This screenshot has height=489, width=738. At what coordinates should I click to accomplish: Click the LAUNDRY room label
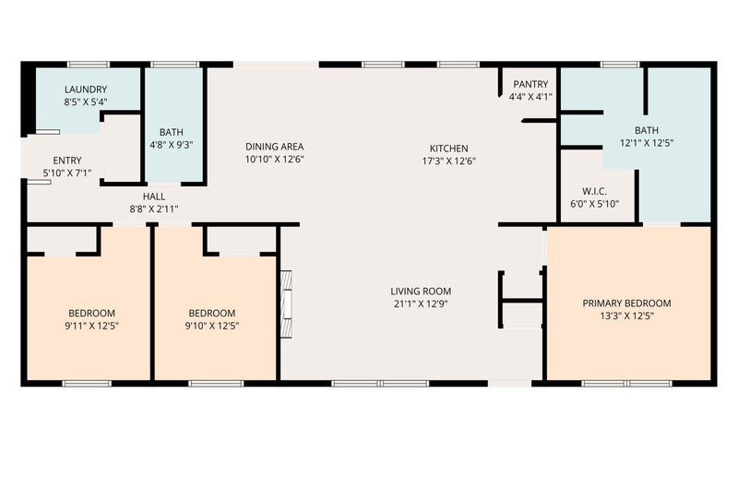(86, 89)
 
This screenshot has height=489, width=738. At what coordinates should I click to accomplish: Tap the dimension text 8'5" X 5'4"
(86, 101)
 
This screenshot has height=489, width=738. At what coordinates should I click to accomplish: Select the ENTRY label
(67, 160)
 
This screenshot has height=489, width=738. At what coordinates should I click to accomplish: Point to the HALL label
(154, 197)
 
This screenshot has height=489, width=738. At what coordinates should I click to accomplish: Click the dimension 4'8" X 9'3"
(172, 145)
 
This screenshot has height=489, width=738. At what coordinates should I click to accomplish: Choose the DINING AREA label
(274, 147)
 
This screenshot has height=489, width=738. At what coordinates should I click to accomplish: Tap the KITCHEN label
(449, 149)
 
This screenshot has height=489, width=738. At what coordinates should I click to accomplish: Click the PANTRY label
(530, 84)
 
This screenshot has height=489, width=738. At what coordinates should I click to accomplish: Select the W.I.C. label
(594, 191)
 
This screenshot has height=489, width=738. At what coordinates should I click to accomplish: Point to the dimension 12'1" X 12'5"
(647, 143)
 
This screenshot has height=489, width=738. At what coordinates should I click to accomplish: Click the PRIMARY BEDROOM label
(627, 304)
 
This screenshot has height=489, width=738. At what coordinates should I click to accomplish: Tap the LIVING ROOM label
(421, 292)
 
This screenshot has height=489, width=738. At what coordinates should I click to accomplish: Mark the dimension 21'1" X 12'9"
(421, 304)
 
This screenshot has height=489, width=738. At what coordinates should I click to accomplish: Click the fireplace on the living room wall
(286, 304)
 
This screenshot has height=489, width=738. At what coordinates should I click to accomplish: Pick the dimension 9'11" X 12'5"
(91, 326)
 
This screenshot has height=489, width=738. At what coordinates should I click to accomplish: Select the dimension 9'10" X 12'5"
(212, 326)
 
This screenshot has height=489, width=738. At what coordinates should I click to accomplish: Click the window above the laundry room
(89, 65)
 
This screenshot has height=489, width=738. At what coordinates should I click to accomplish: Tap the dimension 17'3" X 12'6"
(449, 161)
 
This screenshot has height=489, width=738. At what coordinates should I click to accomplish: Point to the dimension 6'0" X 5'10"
(594, 204)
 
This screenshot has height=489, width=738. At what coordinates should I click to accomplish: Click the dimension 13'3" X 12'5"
(627, 316)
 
